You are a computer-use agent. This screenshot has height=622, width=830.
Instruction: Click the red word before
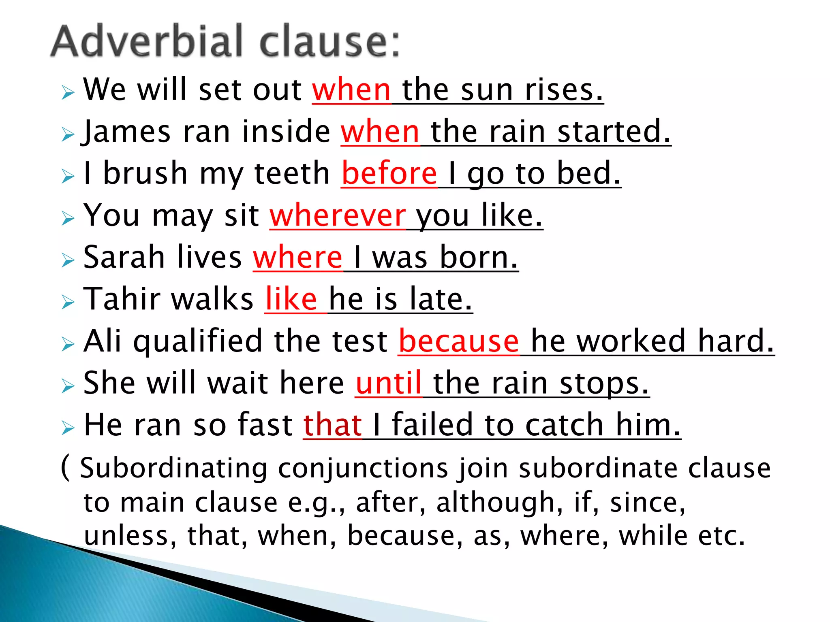point(389,173)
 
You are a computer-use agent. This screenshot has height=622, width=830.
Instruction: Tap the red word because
point(459,341)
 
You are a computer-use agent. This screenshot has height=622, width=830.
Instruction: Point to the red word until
point(389,383)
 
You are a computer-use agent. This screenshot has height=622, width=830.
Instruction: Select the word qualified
point(197,341)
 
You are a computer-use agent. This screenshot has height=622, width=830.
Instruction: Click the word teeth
point(292,173)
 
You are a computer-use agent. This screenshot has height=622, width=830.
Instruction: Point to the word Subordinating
point(174,468)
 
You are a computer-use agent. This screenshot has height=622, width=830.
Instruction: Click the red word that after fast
point(332,425)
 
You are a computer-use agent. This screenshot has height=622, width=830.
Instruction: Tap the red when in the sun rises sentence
point(351,89)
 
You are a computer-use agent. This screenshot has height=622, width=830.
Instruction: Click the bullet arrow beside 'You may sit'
point(68,219)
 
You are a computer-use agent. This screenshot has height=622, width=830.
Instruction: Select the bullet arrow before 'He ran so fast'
point(68,428)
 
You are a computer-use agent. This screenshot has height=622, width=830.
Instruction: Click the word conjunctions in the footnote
point(363,468)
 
